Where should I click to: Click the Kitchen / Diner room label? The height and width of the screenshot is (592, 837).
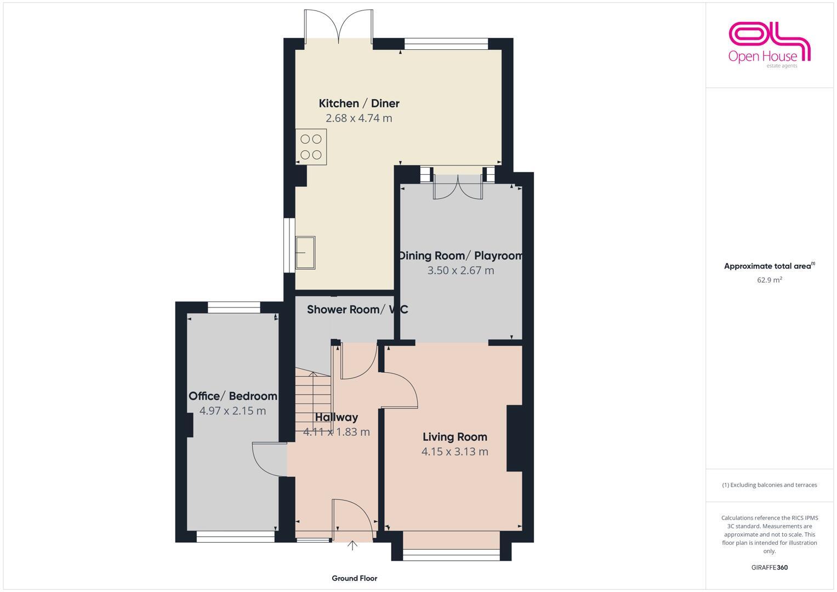coord(359,103)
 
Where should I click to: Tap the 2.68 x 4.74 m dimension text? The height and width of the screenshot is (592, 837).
coord(359,118)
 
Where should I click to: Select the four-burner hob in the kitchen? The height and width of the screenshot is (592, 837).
coord(311,147)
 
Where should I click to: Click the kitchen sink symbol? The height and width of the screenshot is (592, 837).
coord(305,253)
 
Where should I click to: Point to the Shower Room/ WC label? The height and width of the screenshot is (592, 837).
coord(357,310)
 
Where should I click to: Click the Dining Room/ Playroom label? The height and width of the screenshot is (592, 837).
coord(460,255)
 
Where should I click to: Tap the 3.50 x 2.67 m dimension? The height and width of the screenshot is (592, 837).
coord(460,270)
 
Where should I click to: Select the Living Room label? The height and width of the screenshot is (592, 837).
coord(454,437)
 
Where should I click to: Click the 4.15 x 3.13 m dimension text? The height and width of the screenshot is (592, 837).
coord(454,452)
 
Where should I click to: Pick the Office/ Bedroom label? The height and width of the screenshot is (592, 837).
coord(233,396)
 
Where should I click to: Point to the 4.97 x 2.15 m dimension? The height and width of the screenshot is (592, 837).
coord(233,411)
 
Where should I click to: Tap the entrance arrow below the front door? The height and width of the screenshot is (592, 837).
coord(352,545)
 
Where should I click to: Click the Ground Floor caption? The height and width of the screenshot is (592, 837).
coord(354,578)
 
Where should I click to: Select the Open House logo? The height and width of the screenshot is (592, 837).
coord(769,45)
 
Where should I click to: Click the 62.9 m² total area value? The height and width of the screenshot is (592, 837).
coord(769,280)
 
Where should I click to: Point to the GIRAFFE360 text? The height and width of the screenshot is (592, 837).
coord(769,568)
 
